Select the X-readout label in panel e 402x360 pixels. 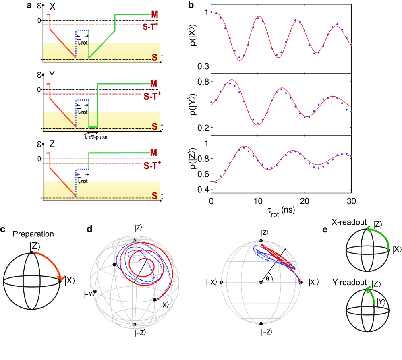[349, 223]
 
